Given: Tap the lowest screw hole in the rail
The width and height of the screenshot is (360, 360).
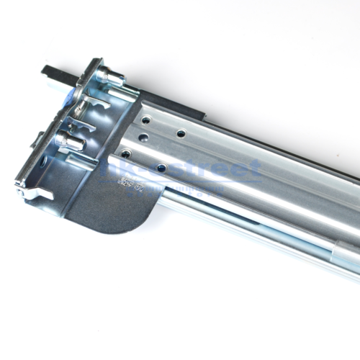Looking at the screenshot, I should pyautogui.click(x=161, y=167).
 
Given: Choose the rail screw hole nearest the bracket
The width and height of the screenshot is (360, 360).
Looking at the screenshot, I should pyautogui.click(x=126, y=153).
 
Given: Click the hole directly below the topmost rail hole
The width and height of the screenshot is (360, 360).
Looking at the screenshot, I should pyautogui.click(x=144, y=137).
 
